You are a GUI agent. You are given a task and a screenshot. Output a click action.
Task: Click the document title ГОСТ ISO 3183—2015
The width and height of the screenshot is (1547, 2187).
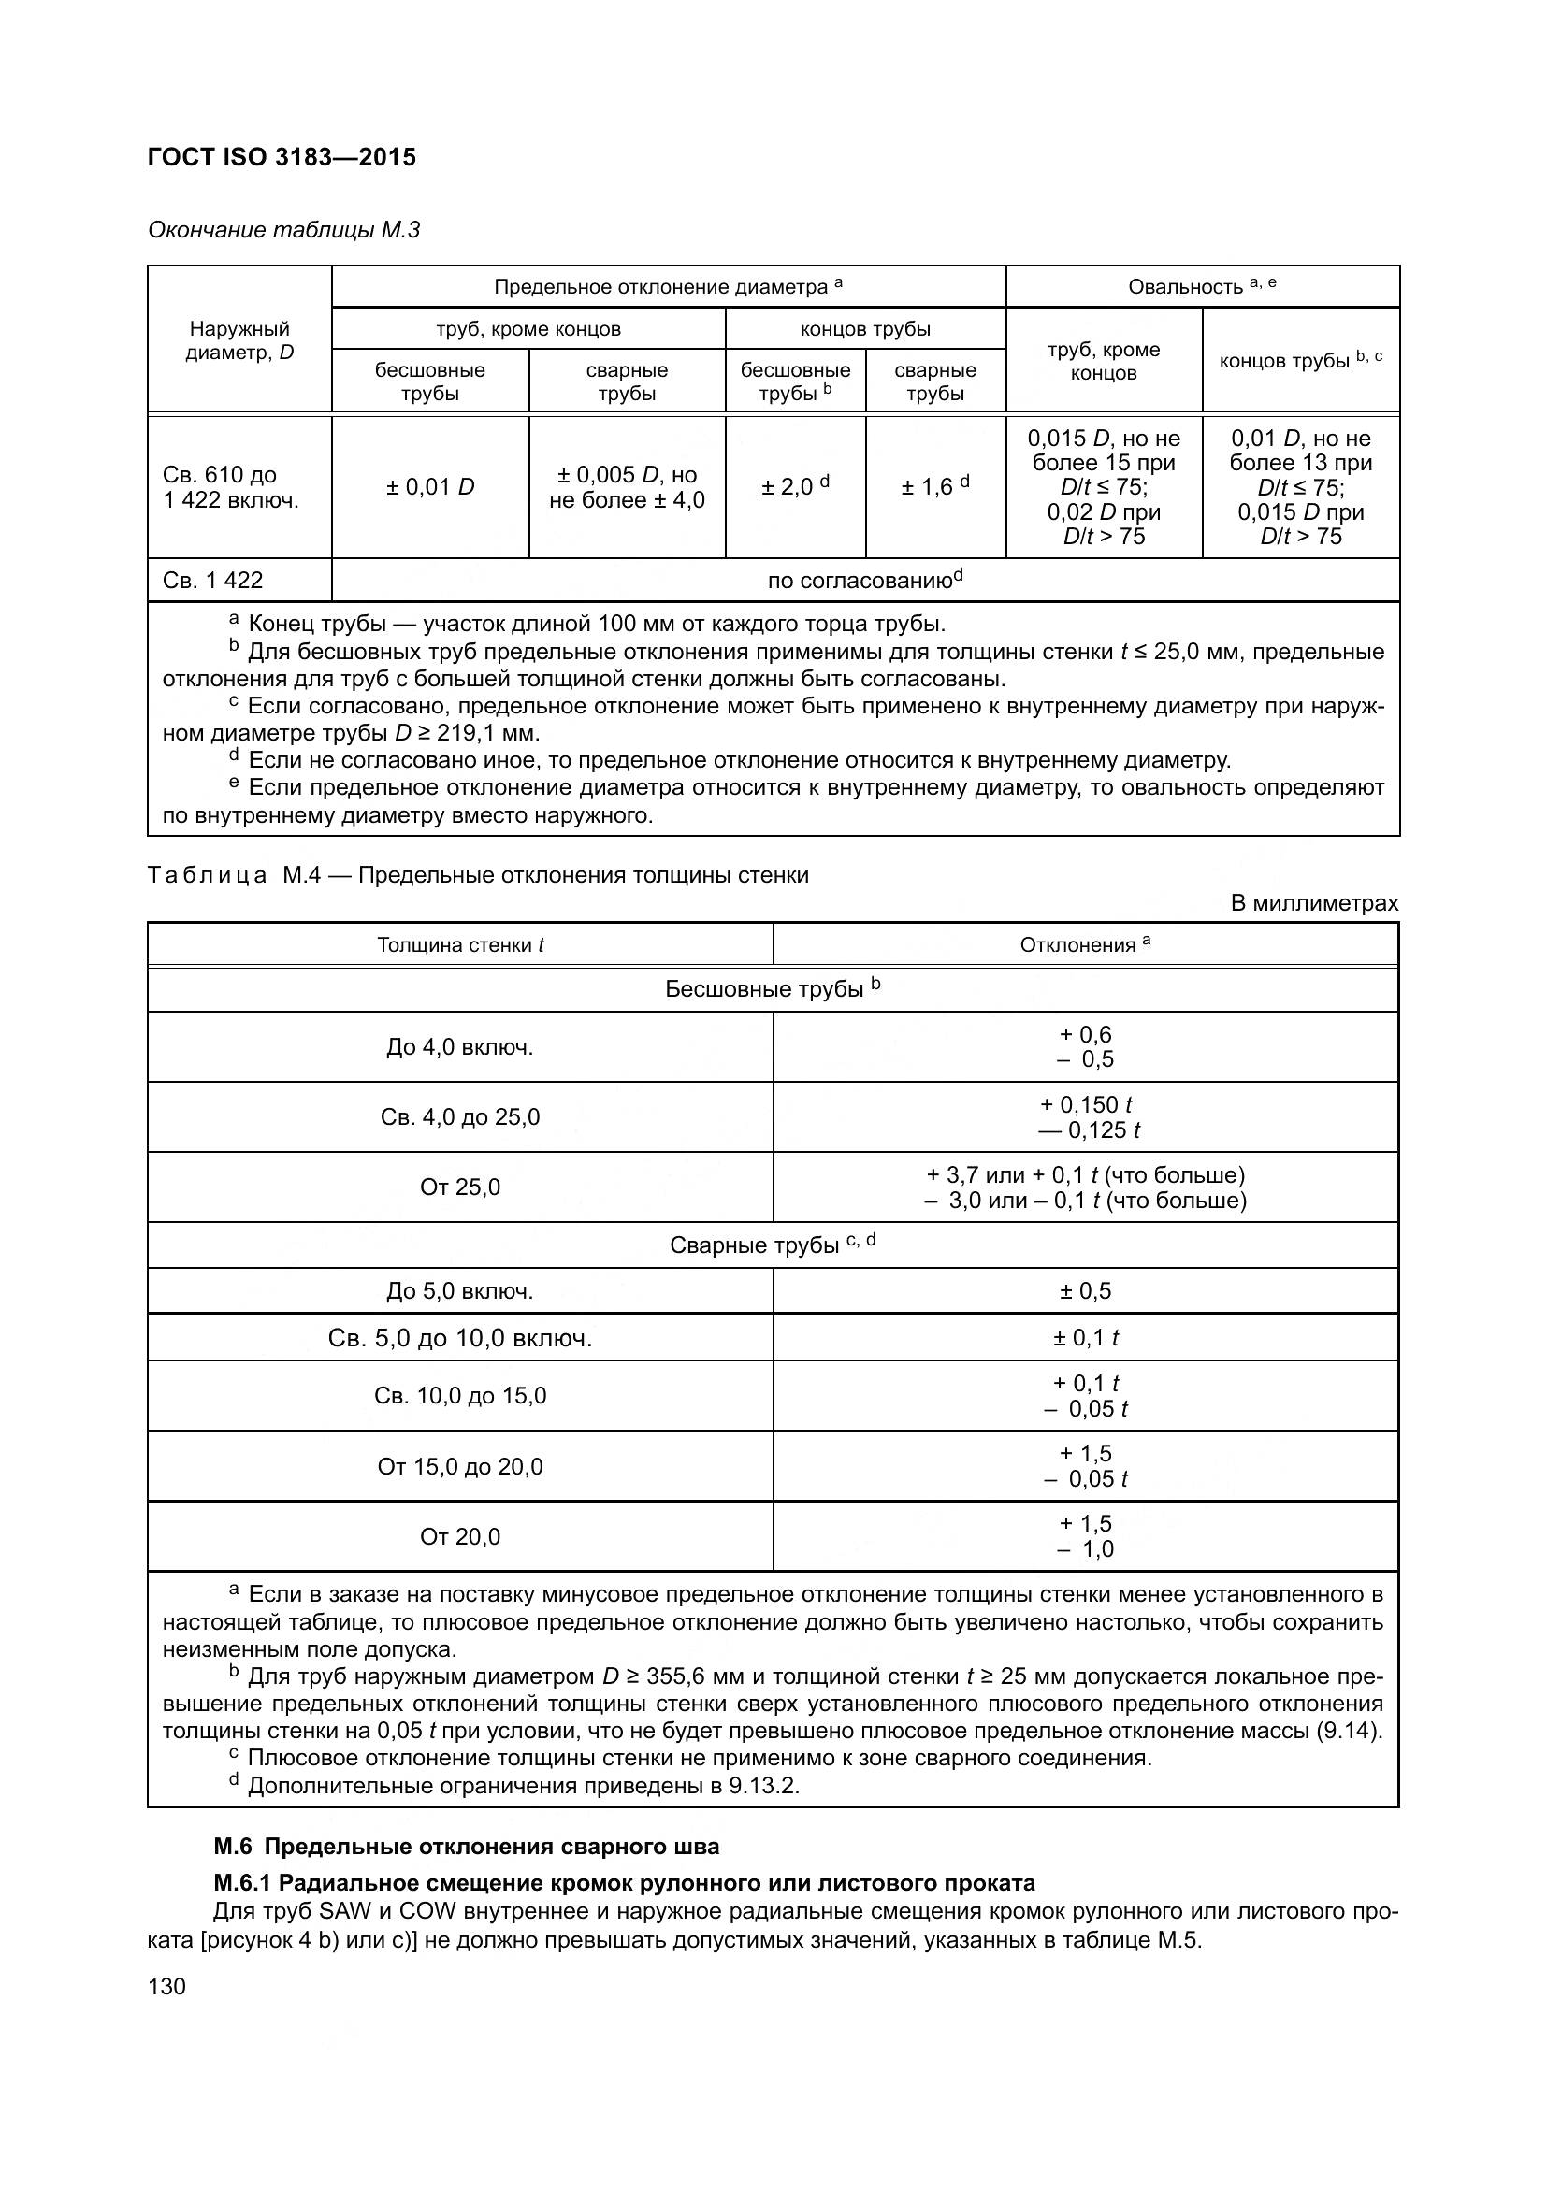pyautogui.click(x=282, y=157)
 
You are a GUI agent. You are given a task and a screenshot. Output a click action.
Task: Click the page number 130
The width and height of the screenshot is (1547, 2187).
pyautogui.click(x=166, y=1987)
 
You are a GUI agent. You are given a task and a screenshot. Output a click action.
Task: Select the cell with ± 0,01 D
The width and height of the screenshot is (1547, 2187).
pyautogui.click(x=429, y=487)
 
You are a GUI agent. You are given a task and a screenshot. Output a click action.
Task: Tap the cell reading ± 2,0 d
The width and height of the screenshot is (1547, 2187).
pyautogui.click(x=794, y=487)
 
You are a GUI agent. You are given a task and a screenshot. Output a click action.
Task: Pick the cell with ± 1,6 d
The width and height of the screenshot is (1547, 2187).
pyautogui.click(x=934, y=487)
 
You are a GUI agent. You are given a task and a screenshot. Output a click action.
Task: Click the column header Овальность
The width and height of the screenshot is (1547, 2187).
pyautogui.click(x=1201, y=287)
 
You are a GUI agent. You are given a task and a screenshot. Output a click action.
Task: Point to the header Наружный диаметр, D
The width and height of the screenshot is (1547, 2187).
pyautogui.click(x=239, y=340)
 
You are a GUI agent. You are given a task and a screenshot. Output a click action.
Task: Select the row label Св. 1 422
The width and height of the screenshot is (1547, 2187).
pyautogui.click(x=212, y=580)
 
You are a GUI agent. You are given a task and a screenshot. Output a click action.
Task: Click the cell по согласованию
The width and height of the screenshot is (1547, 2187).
pyautogui.click(x=865, y=580)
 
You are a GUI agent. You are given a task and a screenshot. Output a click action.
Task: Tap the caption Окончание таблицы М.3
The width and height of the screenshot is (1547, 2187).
pyautogui.click(x=284, y=230)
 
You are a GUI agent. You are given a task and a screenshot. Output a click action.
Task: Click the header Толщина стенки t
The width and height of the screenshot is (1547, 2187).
pyautogui.click(x=460, y=945)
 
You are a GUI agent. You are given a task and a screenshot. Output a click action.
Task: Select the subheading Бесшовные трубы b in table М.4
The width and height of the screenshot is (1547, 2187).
pyautogui.click(x=772, y=988)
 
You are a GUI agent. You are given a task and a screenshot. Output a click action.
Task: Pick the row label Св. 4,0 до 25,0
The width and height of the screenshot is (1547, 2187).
pyautogui.click(x=460, y=1116)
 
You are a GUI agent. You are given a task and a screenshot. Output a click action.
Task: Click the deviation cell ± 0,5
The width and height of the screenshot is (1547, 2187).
pyautogui.click(x=1085, y=1290)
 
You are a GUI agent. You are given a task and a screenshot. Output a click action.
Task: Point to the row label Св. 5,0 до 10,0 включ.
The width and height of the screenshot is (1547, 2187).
pyautogui.click(x=460, y=1338)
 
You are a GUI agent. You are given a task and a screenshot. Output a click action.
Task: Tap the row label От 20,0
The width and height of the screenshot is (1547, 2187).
pyautogui.click(x=460, y=1536)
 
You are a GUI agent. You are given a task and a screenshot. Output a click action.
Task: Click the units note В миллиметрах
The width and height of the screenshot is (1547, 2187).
pyautogui.click(x=1313, y=903)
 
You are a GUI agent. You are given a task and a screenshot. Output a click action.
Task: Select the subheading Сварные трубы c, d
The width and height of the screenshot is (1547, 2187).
pyautogui.click(x=772, y=1245)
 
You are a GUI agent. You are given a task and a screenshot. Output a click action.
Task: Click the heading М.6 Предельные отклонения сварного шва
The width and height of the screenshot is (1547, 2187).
pyautogui.click(x=467, y=1847)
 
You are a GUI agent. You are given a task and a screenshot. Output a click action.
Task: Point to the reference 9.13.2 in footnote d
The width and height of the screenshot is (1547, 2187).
pyautogui.click(x=762, y=1786)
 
